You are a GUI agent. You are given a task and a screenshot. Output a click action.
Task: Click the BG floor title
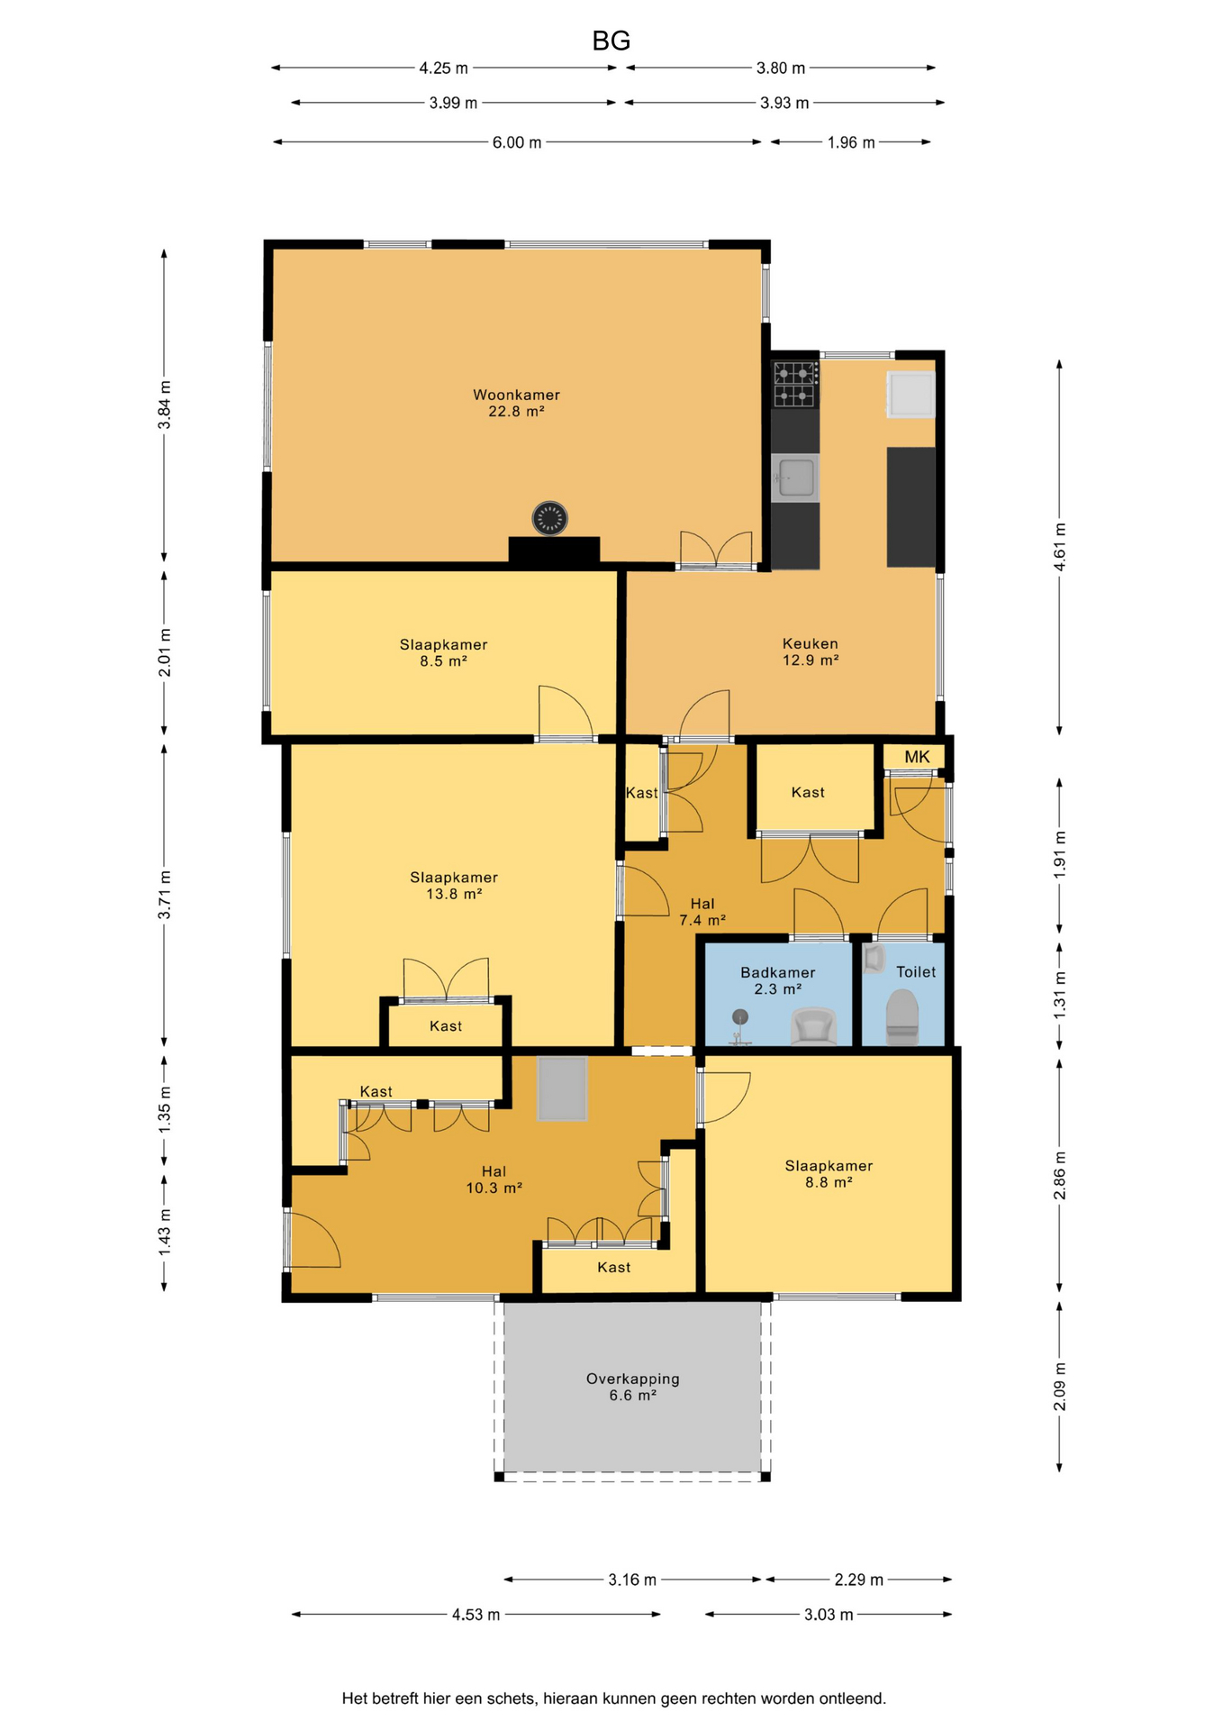(611, 41)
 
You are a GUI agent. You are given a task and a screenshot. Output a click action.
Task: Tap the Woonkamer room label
(516, 395)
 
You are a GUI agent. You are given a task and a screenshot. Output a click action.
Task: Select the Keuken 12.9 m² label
(811, 651)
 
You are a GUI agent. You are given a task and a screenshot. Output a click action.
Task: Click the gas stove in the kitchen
(795, 384)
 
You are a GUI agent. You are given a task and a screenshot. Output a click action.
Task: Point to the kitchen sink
(795, 477)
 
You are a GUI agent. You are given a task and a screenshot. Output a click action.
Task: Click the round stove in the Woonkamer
(549, 518)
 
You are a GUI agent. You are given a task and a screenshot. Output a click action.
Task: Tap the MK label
(917, 757)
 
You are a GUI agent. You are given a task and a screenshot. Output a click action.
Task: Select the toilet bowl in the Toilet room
(902, 1016)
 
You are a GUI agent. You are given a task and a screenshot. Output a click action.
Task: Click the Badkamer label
(777, 972)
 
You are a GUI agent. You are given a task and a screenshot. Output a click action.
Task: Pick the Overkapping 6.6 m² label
(632, 1387)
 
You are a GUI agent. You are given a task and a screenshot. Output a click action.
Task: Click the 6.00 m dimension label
(517, 142)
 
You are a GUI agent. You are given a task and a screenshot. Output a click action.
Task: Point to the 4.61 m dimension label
(1060, 547)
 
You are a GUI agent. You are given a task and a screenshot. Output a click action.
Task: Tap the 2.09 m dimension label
(1060, 1387)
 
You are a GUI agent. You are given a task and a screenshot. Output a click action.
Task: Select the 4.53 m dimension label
(476, 1615)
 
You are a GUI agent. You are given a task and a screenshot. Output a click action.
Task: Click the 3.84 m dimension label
(165, 405)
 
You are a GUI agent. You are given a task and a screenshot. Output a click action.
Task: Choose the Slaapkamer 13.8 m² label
(454, 886)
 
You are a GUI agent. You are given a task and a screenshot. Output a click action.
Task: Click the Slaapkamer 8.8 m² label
(829, 1174)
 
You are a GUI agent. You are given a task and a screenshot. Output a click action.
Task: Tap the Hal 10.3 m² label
(494, 1179)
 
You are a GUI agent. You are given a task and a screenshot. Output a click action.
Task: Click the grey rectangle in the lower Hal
(562, 1088)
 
